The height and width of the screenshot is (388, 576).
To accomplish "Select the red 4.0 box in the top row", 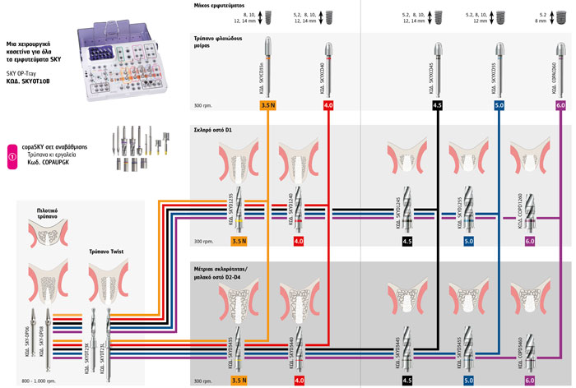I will (x=328, y=106).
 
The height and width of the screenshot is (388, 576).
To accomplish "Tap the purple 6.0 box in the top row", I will (x=560, y=106).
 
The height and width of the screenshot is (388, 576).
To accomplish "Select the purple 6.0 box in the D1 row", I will (x=531, y=242).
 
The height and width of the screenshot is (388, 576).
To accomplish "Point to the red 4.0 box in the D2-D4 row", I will (x=299, y=381).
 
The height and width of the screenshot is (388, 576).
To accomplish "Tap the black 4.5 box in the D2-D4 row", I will (x=406, y=381).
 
